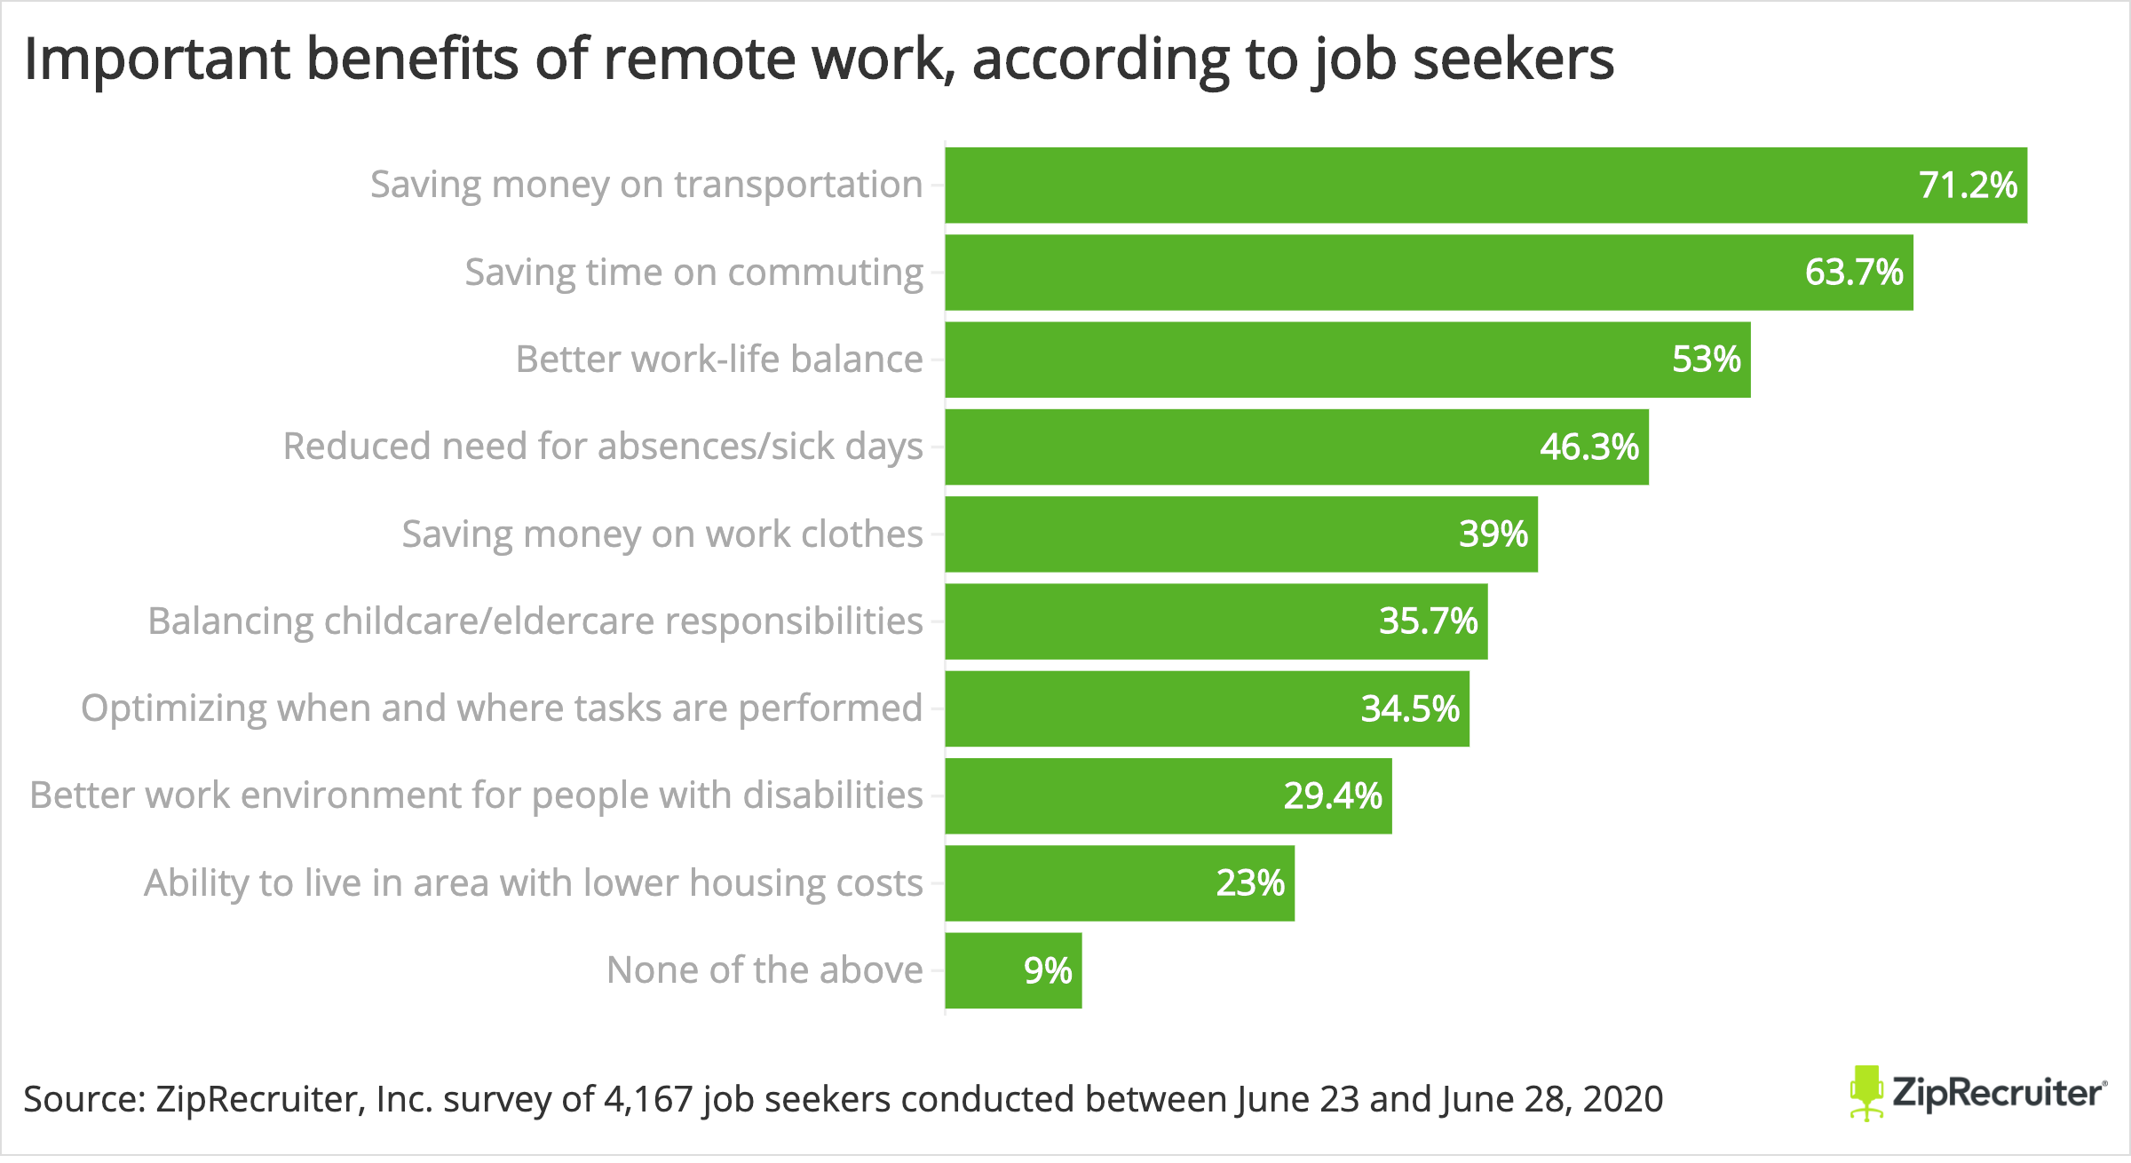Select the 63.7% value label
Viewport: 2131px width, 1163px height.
(1854, 272)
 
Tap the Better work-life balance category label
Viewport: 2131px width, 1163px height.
(719, 359)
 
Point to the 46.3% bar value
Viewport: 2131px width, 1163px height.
(1589, 447)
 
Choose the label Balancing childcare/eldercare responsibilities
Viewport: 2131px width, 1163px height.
(535, 621)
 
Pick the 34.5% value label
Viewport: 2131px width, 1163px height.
(1410, 708)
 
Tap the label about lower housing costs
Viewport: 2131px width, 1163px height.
(534, 882)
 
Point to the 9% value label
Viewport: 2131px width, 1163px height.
(1048, 970)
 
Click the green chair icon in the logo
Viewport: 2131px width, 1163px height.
(1866, 1092)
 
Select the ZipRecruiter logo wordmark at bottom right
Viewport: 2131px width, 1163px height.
(1998, 1092)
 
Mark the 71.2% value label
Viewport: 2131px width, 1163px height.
(1968, 185)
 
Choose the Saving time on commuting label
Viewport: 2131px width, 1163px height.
(693, 272)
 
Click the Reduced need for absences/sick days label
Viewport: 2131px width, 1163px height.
(603, 447)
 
